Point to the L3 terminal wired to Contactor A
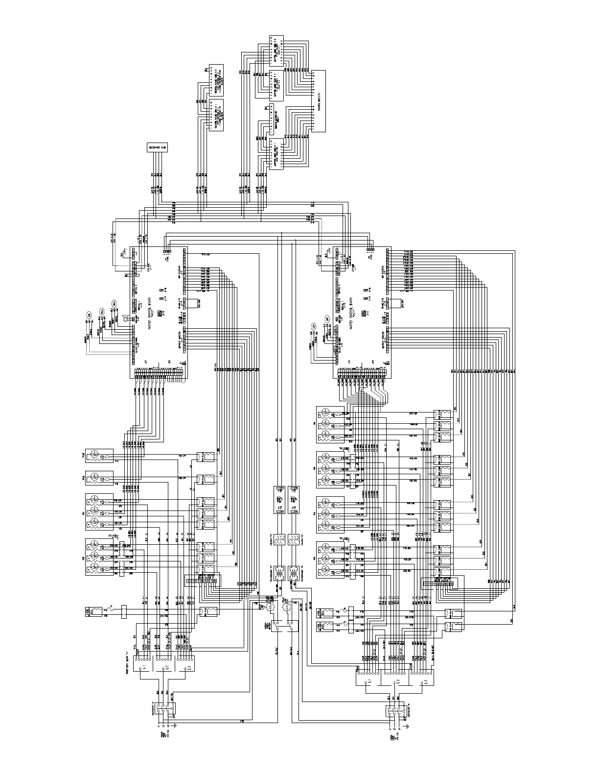pos(188,668)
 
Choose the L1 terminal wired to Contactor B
pos(369,681)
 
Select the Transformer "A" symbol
pos(279,572)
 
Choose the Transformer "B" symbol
pos(294,572)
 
